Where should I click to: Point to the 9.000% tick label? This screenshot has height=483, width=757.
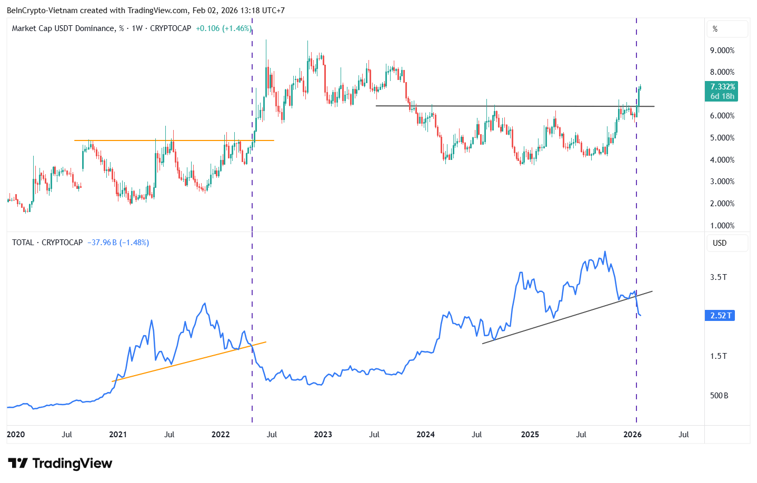click(x=722, y=51)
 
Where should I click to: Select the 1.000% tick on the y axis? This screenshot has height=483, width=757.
click(x=722, y=226)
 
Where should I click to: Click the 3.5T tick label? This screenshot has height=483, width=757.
click(x=718, y=277)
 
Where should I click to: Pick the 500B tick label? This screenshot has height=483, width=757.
click(x=719, y=396)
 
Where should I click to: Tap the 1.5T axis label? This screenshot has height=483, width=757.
click(x=718, y=356)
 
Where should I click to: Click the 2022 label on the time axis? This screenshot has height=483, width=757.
click(x=221, y=435)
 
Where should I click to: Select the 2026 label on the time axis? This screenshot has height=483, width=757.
click(x=632, y=435)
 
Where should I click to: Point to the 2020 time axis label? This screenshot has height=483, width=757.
click(x=16, y=435)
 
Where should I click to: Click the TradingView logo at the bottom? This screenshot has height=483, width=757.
click(x=60, y=464)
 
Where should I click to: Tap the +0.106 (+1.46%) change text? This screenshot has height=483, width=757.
click(x=223, y=28)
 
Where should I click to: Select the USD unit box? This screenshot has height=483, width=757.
click(x=726, y=243)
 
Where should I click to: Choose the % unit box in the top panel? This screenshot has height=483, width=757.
click(x=726, y=29)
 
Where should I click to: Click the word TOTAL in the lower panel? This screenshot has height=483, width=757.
click(x=23, y=243)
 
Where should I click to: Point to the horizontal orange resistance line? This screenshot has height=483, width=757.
click(x=174, y=140)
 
